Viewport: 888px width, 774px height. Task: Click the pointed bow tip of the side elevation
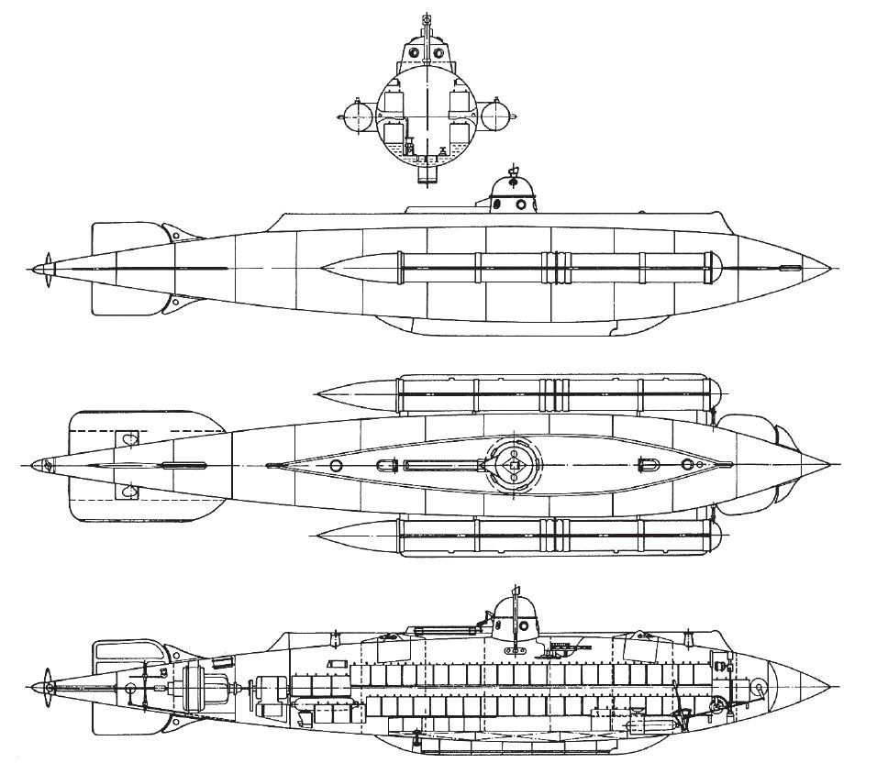[x=830, y=269]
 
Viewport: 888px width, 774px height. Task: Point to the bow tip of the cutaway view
[x=830, y=686]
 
